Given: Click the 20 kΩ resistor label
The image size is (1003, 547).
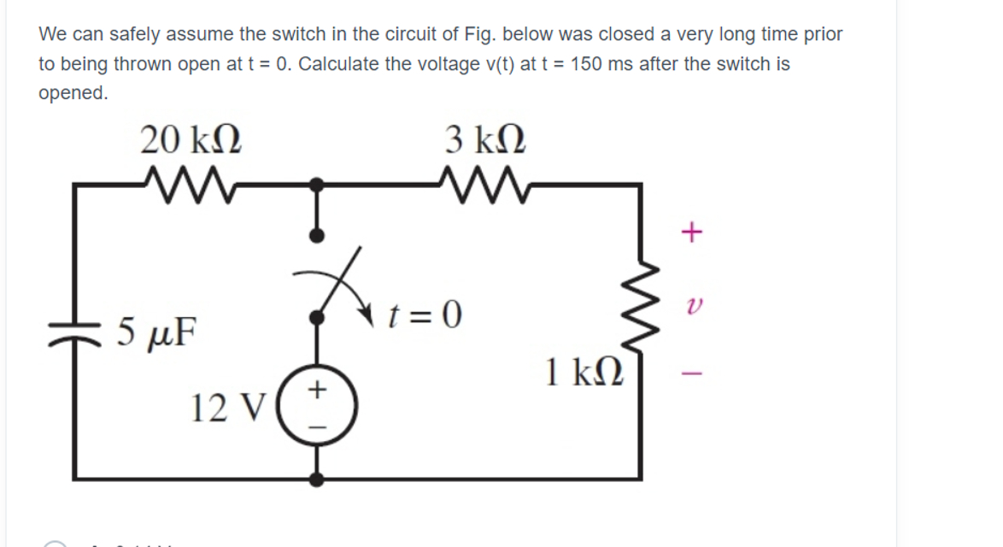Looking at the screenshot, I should [191, 138].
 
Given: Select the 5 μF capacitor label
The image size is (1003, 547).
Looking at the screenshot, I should [156, 327].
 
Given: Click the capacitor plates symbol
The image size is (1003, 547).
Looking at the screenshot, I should [75, 330].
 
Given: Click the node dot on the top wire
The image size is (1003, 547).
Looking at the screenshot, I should [317, 183].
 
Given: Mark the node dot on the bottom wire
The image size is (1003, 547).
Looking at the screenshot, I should [317, 479].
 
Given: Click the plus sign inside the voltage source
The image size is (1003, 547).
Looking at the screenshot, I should [318, 390].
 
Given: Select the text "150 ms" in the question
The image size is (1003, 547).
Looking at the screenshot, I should [597, 64].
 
